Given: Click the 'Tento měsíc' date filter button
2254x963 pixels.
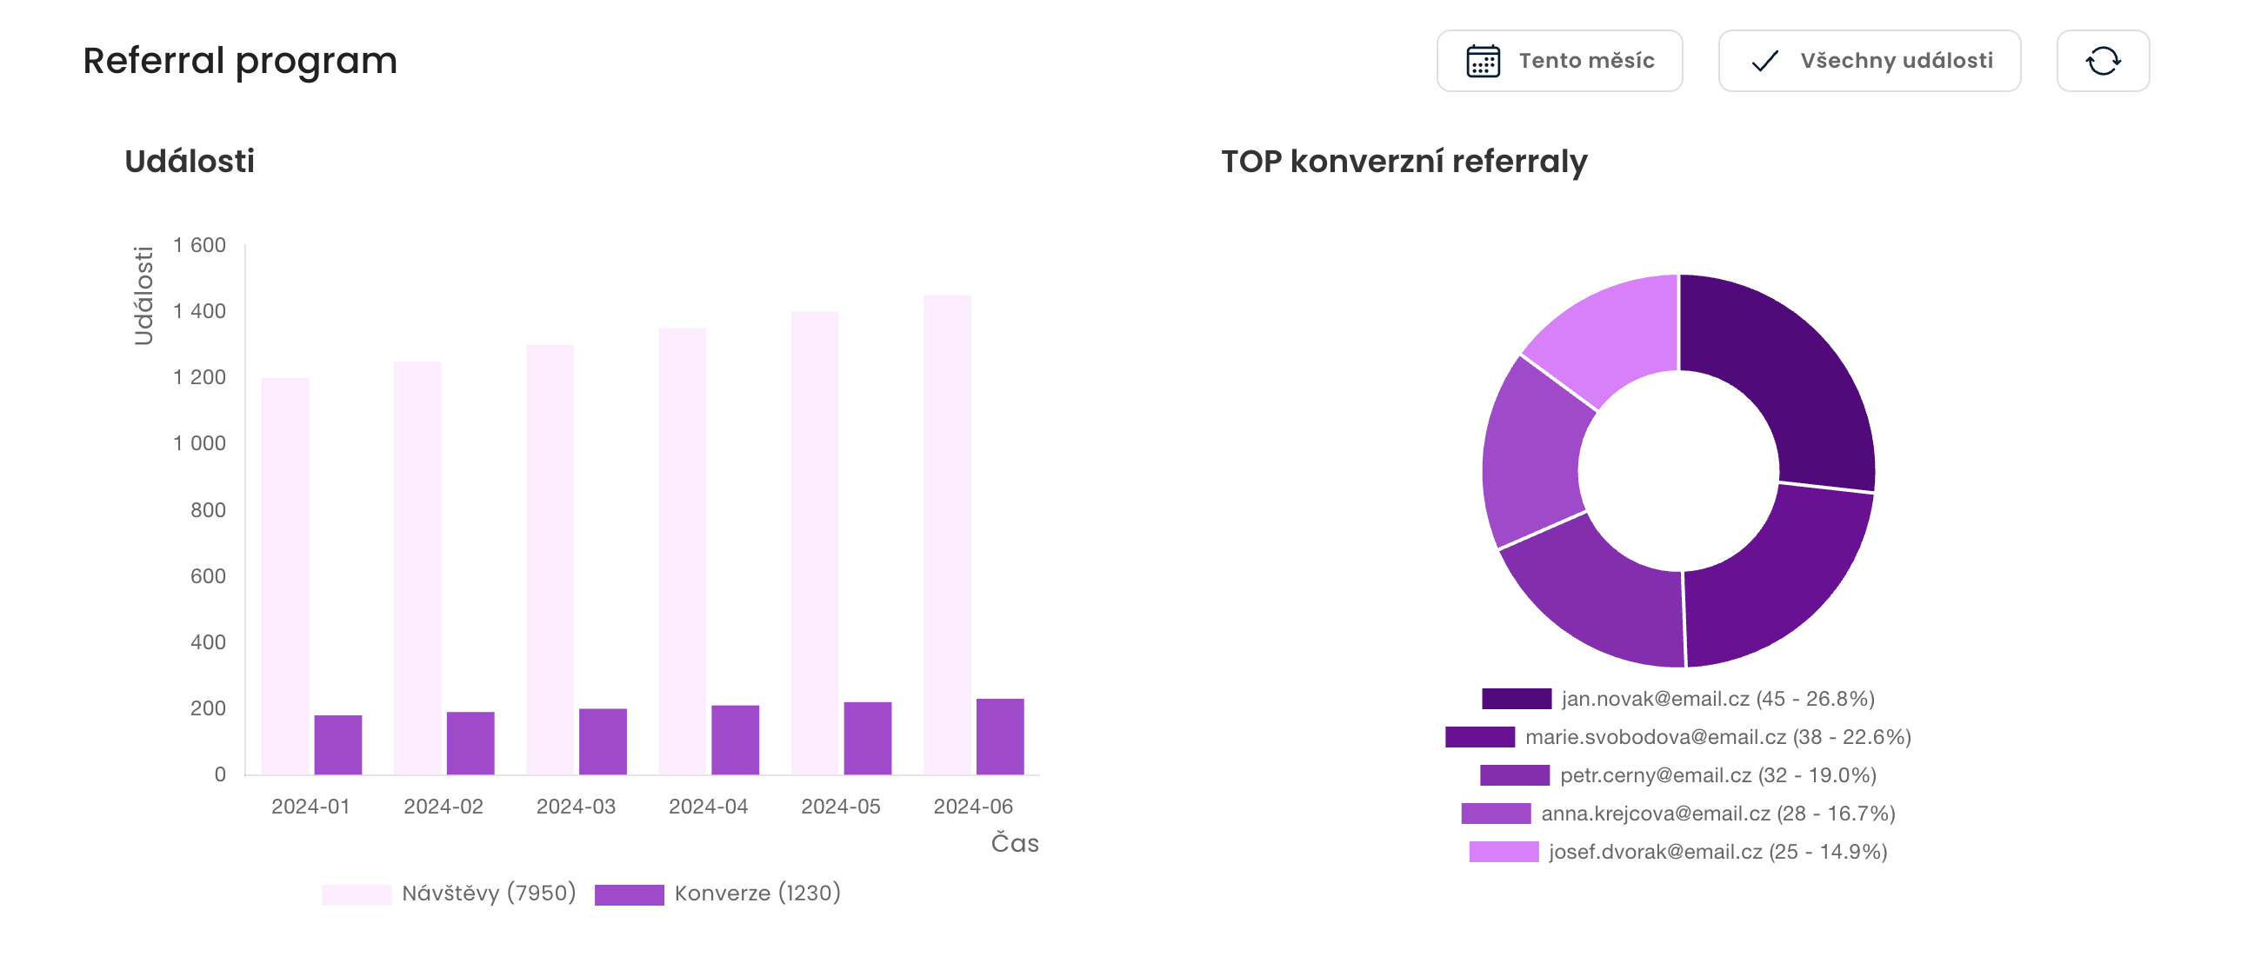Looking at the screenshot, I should [1558, 61].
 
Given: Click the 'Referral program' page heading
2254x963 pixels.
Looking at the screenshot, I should [240, 61].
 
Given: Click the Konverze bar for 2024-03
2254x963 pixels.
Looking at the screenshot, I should [603, 741].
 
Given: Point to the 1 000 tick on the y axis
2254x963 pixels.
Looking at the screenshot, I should [199, 443].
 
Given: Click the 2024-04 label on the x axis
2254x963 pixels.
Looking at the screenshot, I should [708, 807].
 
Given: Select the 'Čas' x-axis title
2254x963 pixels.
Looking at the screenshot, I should [1014, 843].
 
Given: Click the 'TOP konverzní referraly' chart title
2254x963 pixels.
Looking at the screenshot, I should [1404, 162].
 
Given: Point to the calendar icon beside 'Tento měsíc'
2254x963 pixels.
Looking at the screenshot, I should [1484, 61].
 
